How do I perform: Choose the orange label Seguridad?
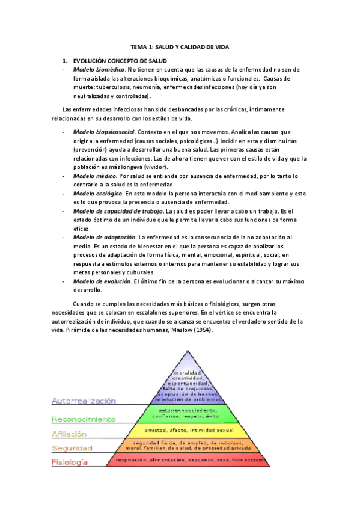coord(72,448)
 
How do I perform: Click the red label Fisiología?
coord(70,462)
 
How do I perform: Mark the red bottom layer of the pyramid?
coord(190,460)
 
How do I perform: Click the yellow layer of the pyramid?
coord(190,431)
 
